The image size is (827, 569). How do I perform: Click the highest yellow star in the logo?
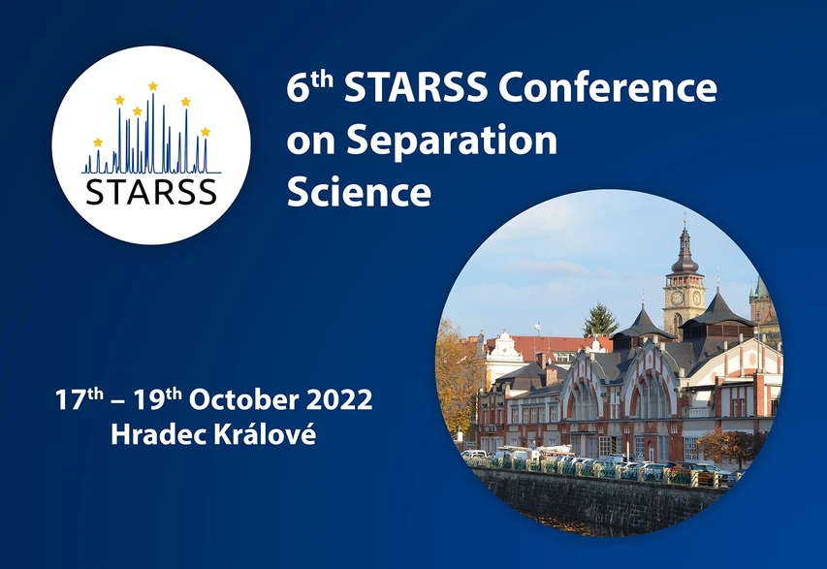pyautogui.click(x=152, y=86)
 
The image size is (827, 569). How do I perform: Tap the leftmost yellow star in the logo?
pyautogui.click(x=97, y=142)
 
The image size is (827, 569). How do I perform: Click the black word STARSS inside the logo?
pyautogui.click(x=151, y=190)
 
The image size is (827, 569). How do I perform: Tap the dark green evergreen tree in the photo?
pyautogui.click(x=600, y=320)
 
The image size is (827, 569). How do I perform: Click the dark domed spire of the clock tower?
pyautogui.click(x=685, y=255)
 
